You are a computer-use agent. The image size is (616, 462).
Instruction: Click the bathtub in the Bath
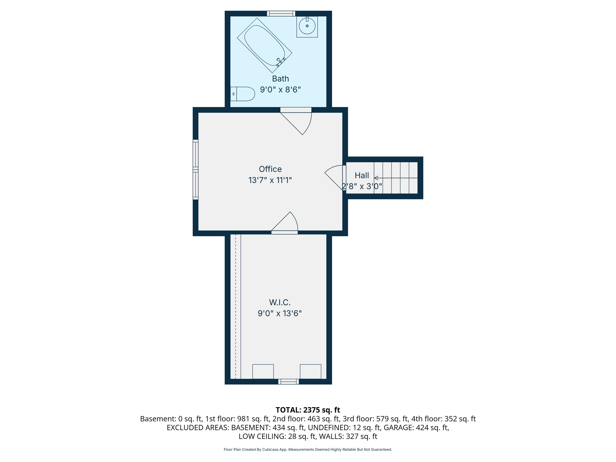[265, 45]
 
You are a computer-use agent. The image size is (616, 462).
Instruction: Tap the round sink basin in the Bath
[307, 26]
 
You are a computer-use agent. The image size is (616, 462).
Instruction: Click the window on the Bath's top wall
[281, 13]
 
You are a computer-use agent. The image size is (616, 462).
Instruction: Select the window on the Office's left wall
[195, 170]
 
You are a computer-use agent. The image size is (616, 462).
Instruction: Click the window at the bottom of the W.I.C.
[288, 381]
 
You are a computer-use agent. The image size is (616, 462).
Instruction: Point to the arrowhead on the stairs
[376, 178]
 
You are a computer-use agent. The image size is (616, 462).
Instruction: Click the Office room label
[270, 169]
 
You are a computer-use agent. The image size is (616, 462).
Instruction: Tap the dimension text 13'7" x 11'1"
[270, 180]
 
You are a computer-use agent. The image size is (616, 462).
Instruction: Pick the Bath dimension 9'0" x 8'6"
[280, 90]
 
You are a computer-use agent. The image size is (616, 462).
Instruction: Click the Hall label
[362, 175]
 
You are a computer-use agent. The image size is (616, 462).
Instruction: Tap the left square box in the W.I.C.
[263, 371]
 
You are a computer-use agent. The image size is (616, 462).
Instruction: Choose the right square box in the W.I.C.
[310, 371]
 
